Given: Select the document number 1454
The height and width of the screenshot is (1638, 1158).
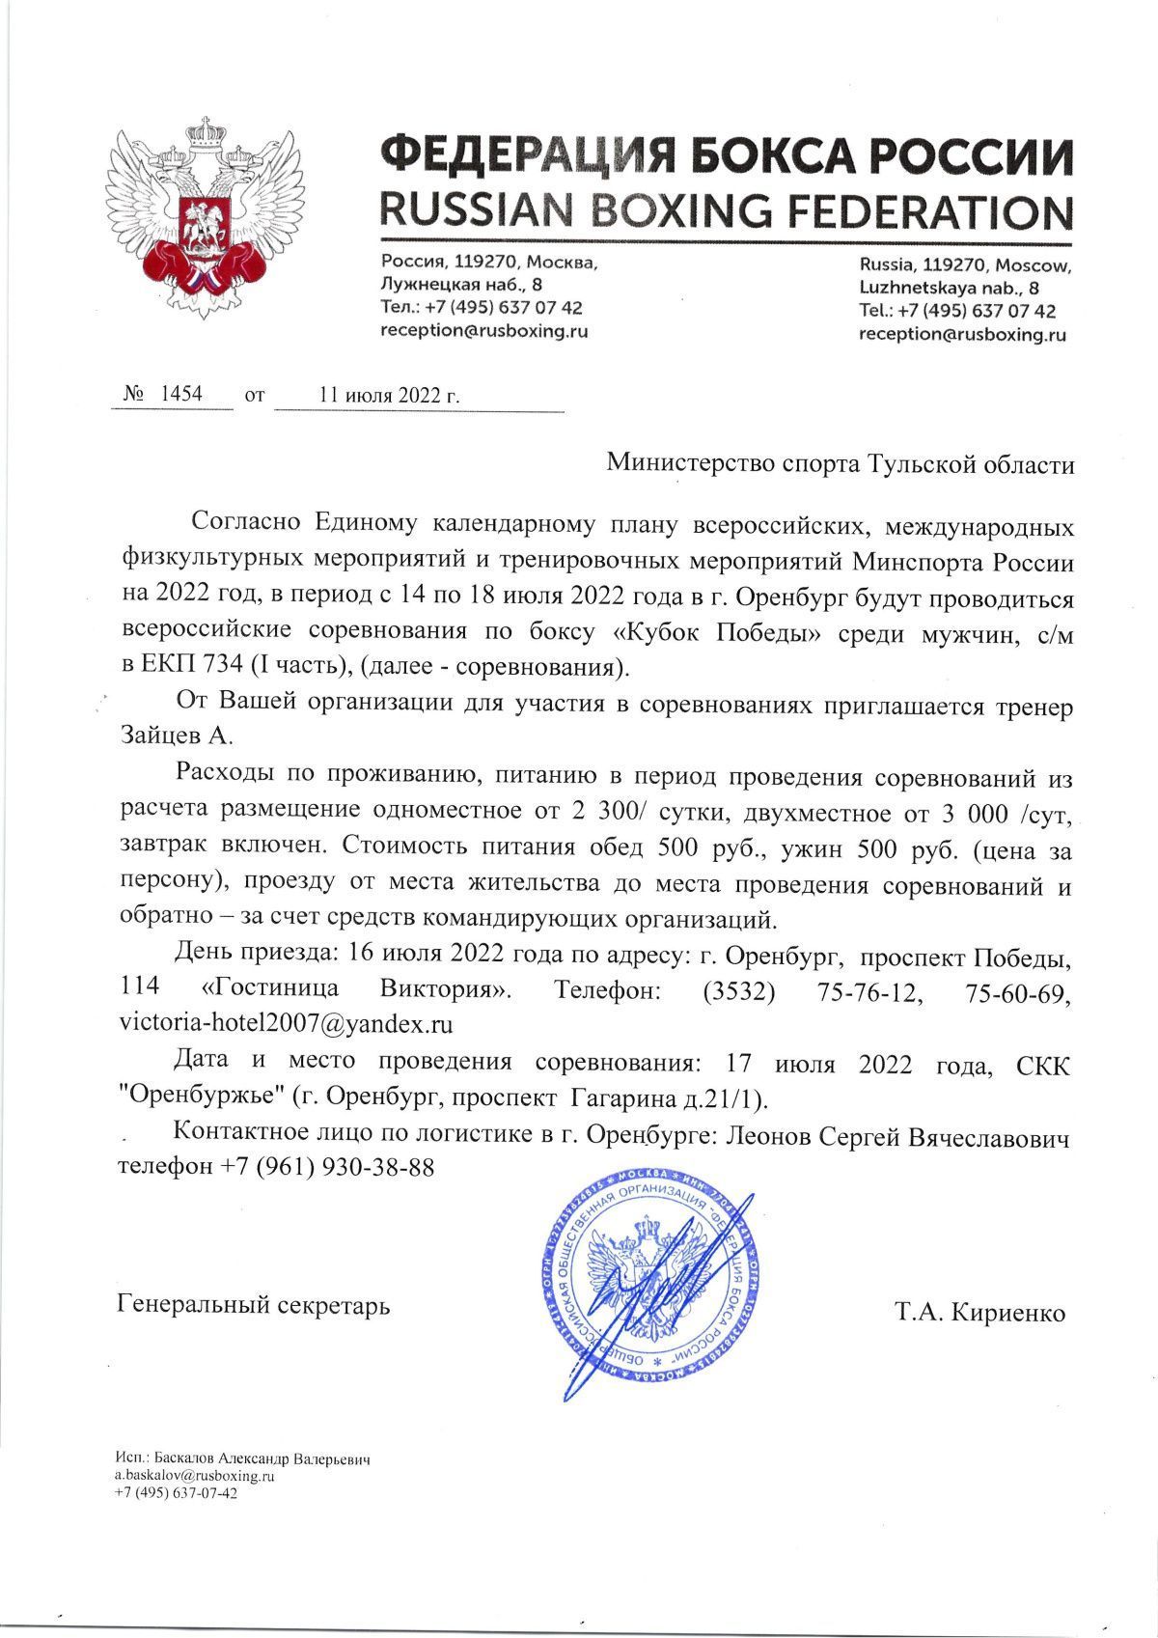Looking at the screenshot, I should pyautogui.click(x=180, y=394).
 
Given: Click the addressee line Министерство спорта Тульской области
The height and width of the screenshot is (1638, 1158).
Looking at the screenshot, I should pyautogui.click(x=840, y=465).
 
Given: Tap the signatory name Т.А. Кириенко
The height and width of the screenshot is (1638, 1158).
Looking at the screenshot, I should pyautogui.click(x=979, y=1314).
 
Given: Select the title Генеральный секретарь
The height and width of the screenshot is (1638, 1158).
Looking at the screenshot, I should pyautogui.click(x=254, y=1307).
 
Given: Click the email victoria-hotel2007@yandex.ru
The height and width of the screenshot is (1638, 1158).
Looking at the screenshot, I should pyautogui.click(x=286, y=1022).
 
